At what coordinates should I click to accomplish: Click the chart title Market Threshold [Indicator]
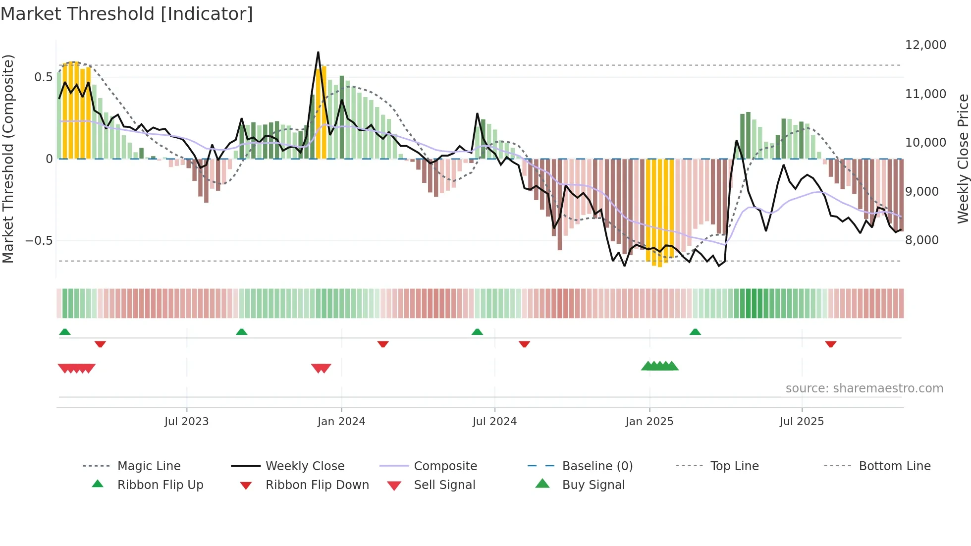pos(127,14)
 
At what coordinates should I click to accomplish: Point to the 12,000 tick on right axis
pos(925,45)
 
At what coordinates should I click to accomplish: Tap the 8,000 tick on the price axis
pos(922,240)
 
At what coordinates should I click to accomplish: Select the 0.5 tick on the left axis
pos(44,77)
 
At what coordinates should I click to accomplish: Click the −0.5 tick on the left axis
pos(39,241)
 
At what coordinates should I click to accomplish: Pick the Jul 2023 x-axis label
pos(186,422)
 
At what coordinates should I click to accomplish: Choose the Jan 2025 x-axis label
pos(649,422)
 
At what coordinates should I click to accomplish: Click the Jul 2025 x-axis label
pos(802,422)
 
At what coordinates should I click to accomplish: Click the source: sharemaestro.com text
pos(864,388)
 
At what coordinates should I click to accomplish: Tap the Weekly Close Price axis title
pos(963,159)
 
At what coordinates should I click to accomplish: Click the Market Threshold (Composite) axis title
pos(8,159)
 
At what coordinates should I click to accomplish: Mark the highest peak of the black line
pos(318,52)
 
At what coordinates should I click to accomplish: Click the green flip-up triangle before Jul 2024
pos(477,332)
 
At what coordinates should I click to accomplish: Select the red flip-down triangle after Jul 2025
pos(831,344)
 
